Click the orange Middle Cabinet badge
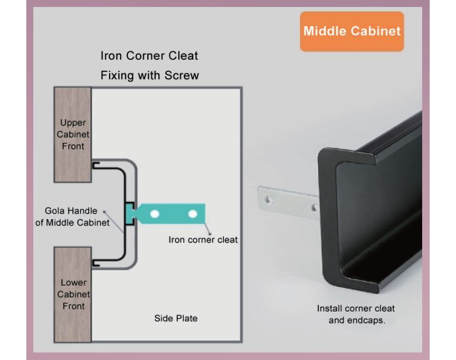click(x=352, y=31)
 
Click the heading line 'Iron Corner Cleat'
click(x=149, y=56)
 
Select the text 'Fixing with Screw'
click(x=149, y=75)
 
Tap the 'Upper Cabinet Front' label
click(x=73, y=134)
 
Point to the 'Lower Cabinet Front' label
click(x=74, y=294)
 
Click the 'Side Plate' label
click(x=176, y=318)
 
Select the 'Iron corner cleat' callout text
click(x=203, y=240)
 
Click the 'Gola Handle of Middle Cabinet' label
click(x=72, y=217)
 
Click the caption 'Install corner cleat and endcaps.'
click(x=356, y=314)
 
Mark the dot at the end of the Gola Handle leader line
click(x=104, y=211)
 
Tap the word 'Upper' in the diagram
click(x=73, y=123)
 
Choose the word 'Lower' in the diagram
click(x=74, y=283)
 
